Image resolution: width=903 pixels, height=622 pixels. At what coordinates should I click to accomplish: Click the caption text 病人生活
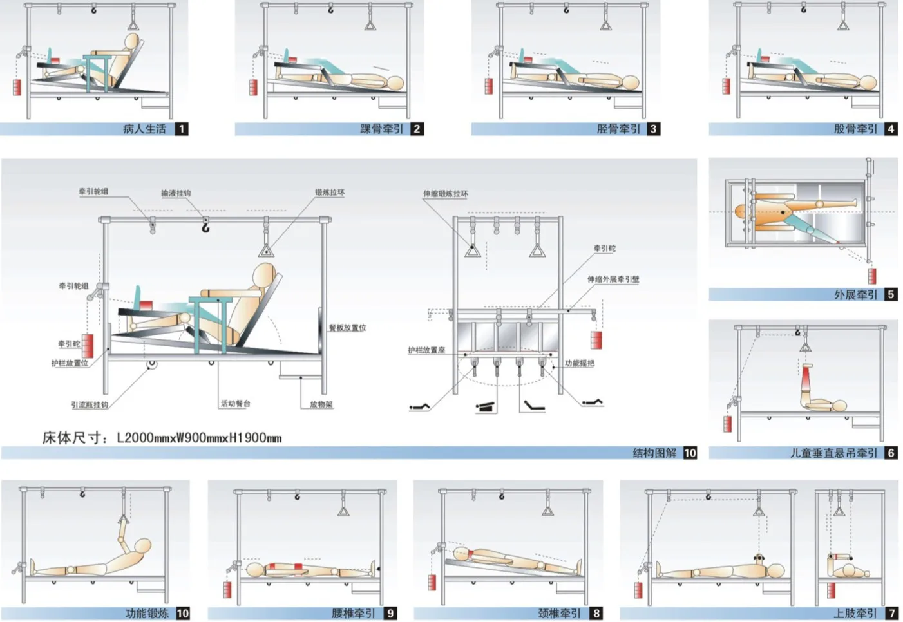(144, 129)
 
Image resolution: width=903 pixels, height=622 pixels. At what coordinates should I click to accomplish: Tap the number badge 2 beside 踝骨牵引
(417, 129)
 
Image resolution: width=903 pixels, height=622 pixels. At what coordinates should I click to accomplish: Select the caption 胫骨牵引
(618, 129)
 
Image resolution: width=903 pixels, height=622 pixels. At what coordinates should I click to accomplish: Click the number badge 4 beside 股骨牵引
(891, 129)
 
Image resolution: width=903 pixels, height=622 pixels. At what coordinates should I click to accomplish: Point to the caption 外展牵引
(855, 294)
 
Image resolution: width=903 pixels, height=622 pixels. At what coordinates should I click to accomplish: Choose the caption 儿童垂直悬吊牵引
(833, 453)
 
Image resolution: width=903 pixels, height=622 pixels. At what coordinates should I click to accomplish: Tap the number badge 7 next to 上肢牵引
(892, 613)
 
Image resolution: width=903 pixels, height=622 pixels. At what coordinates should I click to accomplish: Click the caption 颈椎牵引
(559, 613)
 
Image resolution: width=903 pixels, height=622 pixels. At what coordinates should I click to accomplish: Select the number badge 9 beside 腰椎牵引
(390, 613)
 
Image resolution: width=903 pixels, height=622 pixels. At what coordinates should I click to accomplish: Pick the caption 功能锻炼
(147, 613)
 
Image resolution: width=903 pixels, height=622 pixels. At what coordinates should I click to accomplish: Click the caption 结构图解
(654, 453)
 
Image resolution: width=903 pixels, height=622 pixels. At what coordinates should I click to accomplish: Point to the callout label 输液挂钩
(176, 193)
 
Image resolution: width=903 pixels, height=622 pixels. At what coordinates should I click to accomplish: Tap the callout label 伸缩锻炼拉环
(445, 194)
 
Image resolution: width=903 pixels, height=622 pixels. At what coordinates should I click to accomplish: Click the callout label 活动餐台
(235, 404)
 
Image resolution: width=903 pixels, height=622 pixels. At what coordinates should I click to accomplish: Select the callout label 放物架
(321, 404)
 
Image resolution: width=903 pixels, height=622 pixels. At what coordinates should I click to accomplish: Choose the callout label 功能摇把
(580, 363)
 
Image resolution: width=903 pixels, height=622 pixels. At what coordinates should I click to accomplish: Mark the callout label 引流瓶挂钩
(90, 405)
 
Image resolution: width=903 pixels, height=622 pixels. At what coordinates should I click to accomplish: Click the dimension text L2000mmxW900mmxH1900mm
(199, 438)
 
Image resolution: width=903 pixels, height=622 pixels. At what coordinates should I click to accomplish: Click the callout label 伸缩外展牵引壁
(613, 279)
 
